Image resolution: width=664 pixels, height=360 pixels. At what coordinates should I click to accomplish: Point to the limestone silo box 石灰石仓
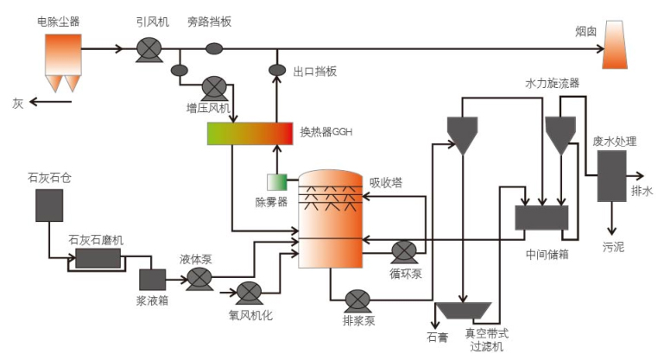coord(49,205)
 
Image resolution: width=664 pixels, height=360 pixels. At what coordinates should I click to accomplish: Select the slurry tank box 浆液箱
coord(153,280)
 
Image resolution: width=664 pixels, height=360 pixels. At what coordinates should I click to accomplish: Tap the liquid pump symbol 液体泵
coord(199,277)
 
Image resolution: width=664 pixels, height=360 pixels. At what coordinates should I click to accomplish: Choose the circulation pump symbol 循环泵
coord(404,252)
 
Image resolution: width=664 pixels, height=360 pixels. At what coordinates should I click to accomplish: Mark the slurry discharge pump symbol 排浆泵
coord(357,300)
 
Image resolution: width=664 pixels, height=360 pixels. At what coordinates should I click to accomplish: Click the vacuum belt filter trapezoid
coord(464,309)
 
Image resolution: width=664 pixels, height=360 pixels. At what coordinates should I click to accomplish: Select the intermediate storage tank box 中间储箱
coord(541,218)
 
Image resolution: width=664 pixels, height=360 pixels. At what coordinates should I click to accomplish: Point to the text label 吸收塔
coord(386,182)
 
